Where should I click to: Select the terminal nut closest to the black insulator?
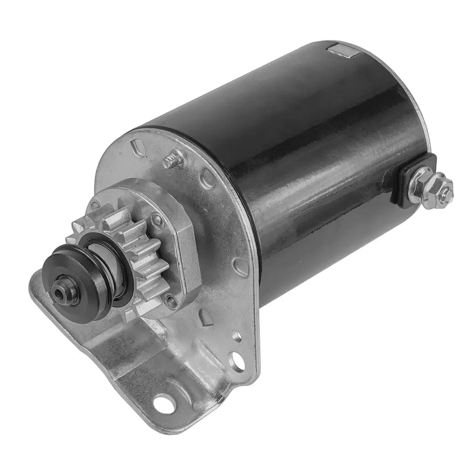(419, 183)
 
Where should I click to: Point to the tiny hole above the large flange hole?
(237, 337)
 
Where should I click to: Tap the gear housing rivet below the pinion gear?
(171, 302)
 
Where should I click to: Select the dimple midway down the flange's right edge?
(241, 266)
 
